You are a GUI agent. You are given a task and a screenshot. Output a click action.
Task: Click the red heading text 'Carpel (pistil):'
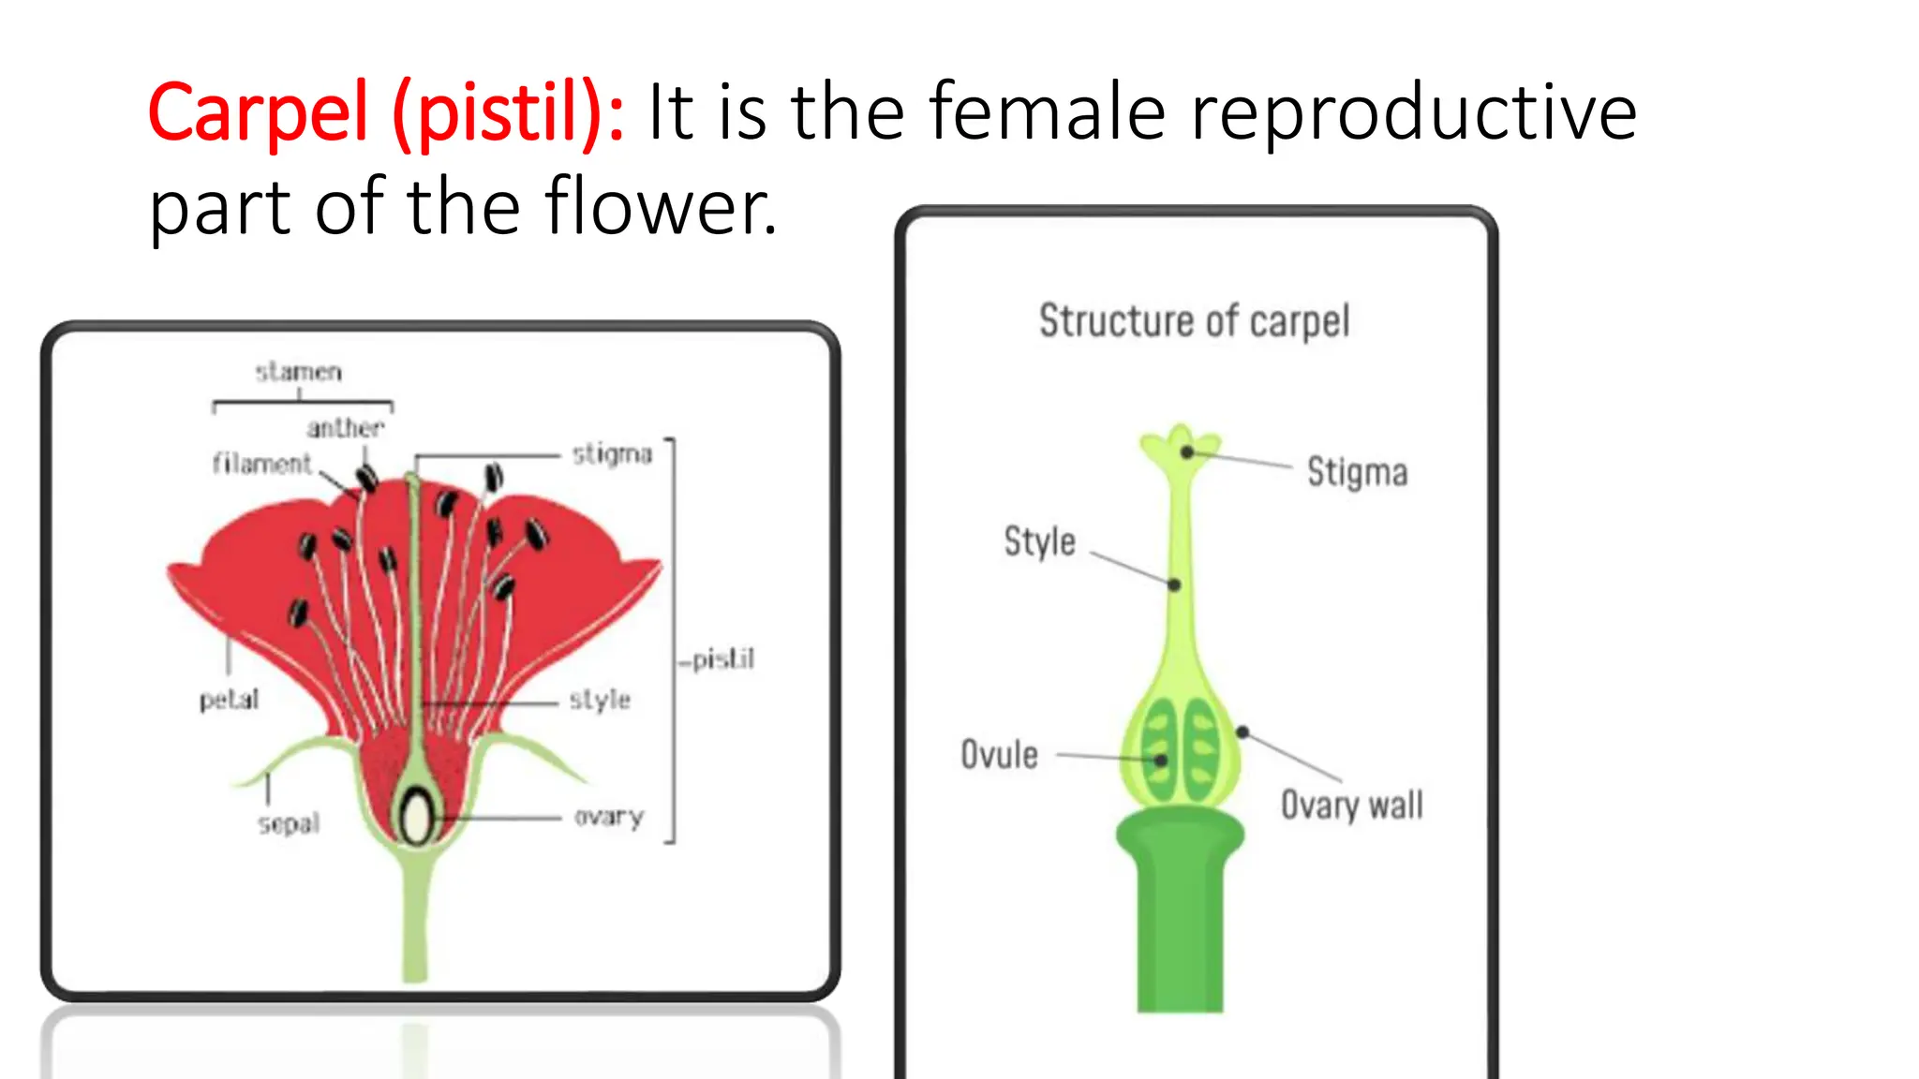pyautogui.click(x=385, y=113)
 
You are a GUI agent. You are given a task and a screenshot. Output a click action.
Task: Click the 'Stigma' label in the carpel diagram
pyautogui.click(x=1357, y=472)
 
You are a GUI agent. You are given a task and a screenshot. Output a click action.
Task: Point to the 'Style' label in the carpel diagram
pyautogui.click(x=1039, y=541)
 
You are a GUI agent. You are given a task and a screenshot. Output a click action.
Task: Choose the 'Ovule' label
pyautogui.click(x=999, y=754)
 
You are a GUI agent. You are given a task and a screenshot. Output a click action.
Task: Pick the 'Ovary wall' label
pyautogui.click(x=1351, y=805)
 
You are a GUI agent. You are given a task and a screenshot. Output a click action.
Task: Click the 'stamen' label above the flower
pyautogui.click(x=299, y=372)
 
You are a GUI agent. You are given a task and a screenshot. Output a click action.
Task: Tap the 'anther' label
pyautogui.click(x=345, y=428)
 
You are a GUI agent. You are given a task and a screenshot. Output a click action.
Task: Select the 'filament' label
pyautogui.click(x=261, y=464)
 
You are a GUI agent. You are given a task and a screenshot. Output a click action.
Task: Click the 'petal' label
pyautogui.click(x=229, y=699)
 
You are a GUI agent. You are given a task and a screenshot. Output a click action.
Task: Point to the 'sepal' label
pyautogui.click(x=289, y=823)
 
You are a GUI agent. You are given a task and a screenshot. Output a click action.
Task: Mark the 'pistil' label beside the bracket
pyautogui.click(x=722, y=659)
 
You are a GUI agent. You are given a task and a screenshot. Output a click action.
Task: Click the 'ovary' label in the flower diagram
pyautogui.click(x=609, y=817)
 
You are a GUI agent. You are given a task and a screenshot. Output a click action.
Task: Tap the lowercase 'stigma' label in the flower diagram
pyautogui.click(x=612, y=454)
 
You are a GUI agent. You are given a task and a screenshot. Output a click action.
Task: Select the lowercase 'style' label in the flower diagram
pyautogui.click(x=600, y=699)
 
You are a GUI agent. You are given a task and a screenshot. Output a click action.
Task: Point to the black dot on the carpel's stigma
pyautogui.click(x=1187, y=452)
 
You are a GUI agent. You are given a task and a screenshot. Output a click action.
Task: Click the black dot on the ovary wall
pyautogui.click(x=1242, y=732)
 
